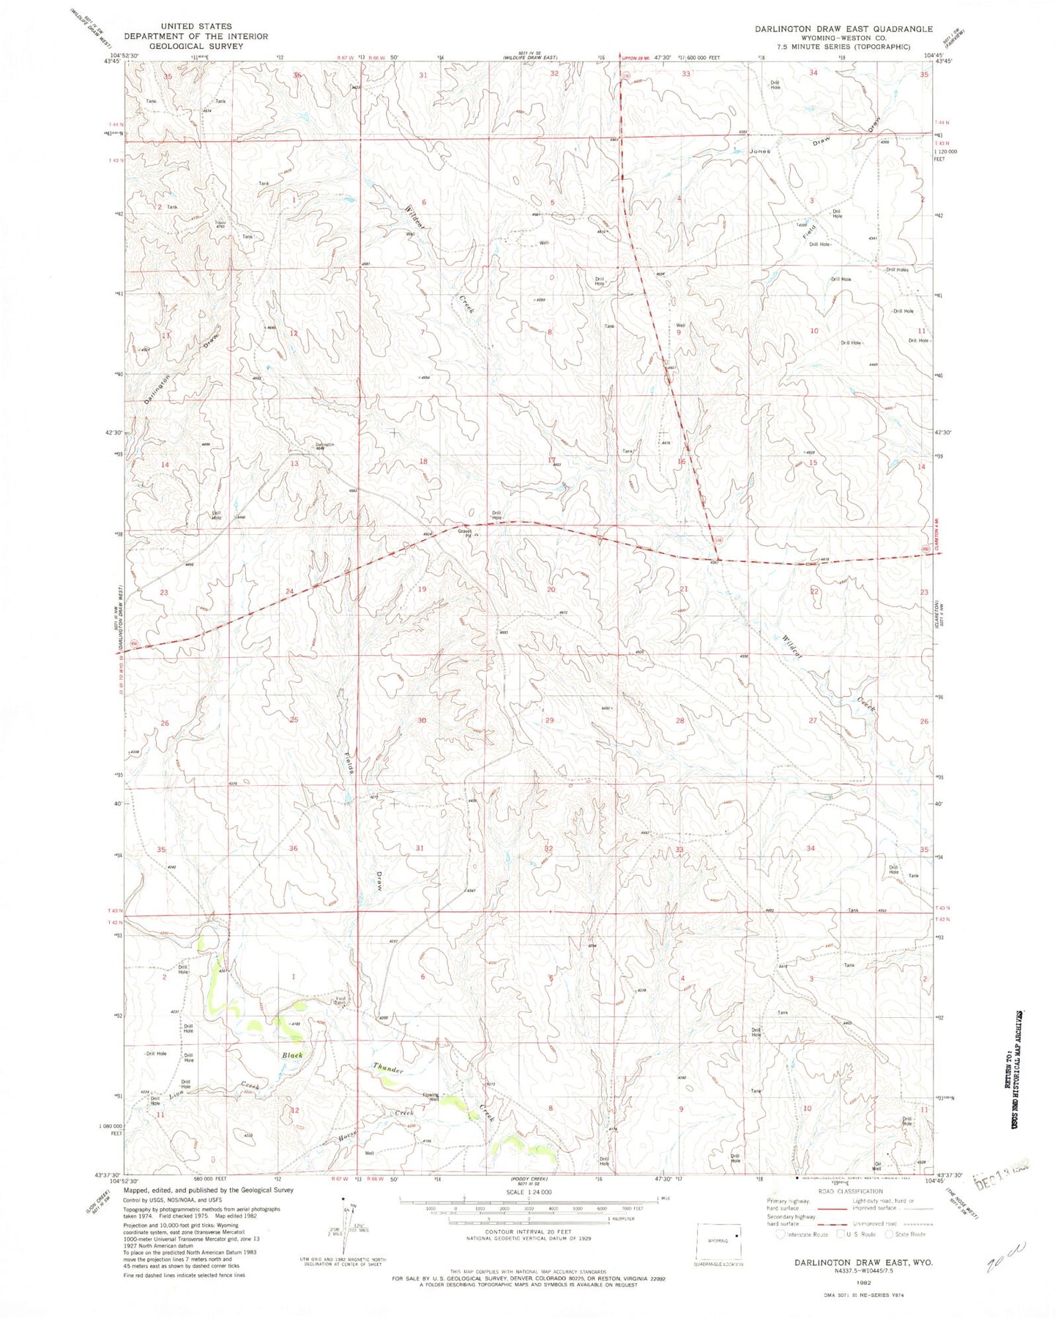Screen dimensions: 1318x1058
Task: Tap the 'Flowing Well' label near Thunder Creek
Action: [431, 1097]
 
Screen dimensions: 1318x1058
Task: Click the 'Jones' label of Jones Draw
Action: [759, 151]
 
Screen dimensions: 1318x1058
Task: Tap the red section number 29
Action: [550, 721]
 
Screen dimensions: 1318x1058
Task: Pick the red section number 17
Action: [551, 460]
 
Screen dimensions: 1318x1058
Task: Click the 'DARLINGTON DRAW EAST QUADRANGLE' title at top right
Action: [844, 29]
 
